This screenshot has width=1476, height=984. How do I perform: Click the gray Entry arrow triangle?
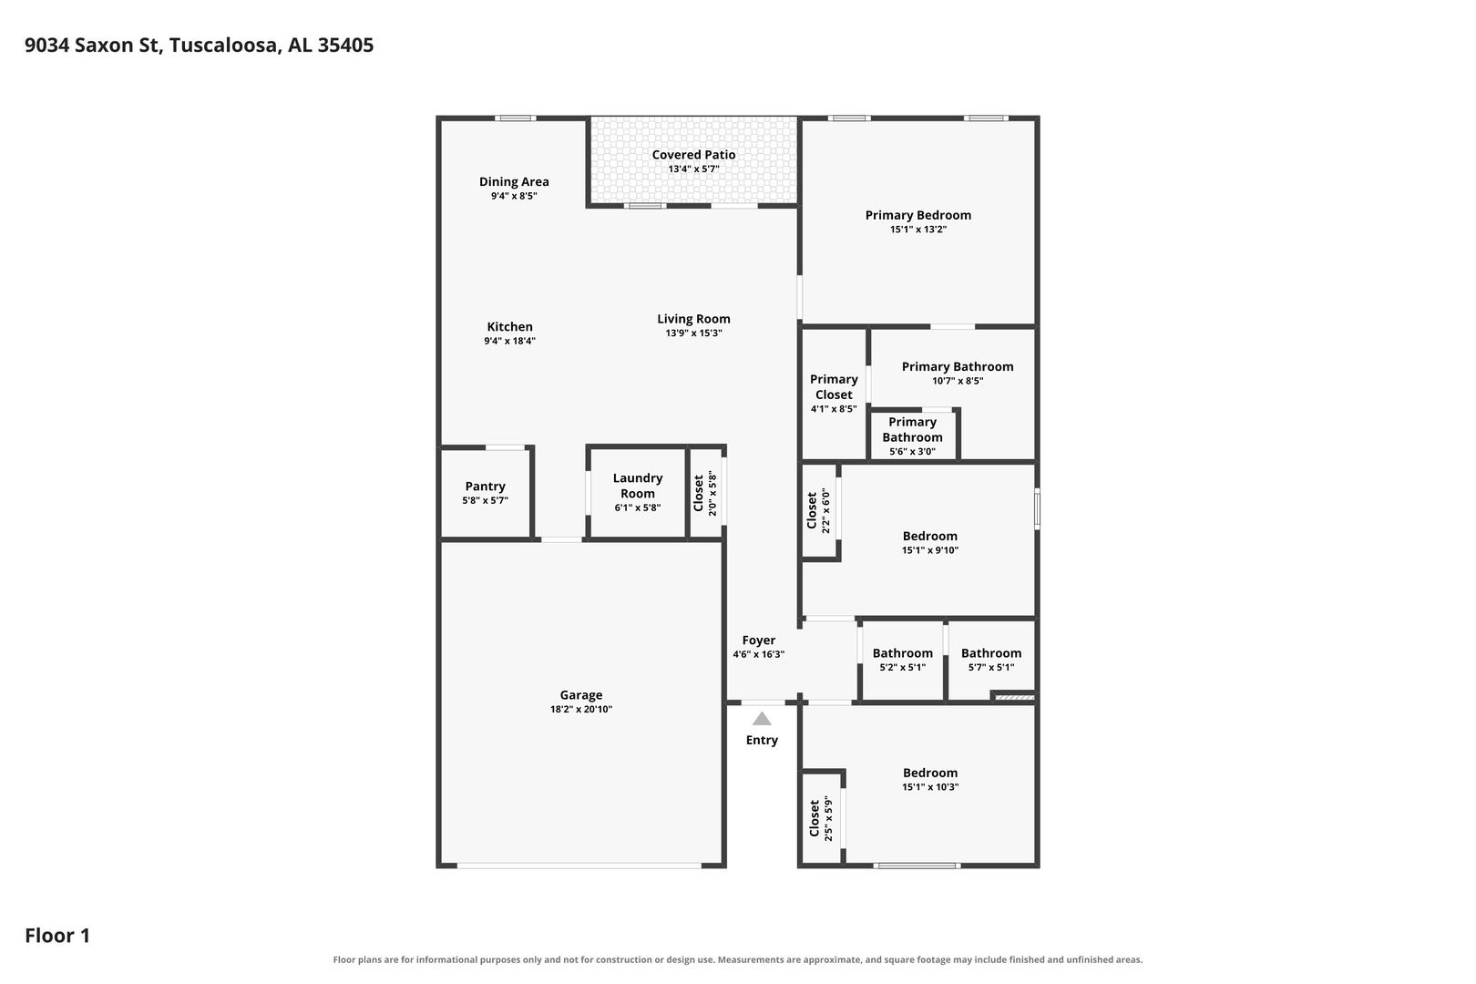(x=762, y=718)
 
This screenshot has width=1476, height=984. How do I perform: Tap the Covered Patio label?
(x=693, y=154)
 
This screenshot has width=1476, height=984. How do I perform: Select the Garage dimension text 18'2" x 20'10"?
(x=581, y=709)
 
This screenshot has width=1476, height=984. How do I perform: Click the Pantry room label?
(x=485, y=486)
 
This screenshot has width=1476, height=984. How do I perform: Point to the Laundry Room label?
(x=637, y=485)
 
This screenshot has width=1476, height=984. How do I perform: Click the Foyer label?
(x=758, y=640)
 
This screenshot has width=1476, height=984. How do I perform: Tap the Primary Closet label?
(x=834, y=387)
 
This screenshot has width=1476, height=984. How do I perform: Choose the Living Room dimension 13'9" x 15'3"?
(x=693, y=333)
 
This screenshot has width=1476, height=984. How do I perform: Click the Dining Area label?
(x=514, y=181)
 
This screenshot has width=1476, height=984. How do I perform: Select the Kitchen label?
(x=509, y=326)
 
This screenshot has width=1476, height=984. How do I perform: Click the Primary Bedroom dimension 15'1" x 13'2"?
(x=917, y=230)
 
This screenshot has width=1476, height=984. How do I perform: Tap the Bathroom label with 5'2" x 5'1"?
(x=903, y=652)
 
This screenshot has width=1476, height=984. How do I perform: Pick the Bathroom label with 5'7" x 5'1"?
(x=991, y=652)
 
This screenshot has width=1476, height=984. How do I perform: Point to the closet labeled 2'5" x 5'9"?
(x=820, y=818)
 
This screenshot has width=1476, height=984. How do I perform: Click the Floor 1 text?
(x=57, y=935)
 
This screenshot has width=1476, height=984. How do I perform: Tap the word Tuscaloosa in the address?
(x=225, y=45)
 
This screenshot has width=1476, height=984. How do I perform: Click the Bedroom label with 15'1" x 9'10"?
(x=929, y=536)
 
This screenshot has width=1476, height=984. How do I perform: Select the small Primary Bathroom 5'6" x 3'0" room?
(x=913, y=436)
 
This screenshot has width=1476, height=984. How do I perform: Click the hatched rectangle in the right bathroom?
(x=1013, y=697)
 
